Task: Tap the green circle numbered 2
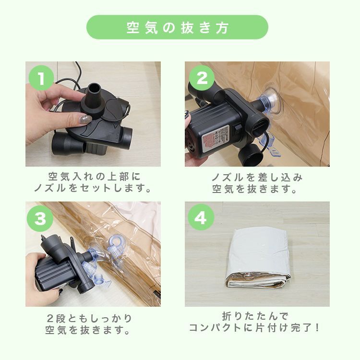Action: pyautogui.click(x=202, y=78)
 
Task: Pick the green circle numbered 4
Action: pyautogui.click(x=202, y=218)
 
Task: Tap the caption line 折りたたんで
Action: pyautogui.click(x=257, y=317)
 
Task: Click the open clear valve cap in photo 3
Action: pyautogui.click(x=117, y=245)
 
